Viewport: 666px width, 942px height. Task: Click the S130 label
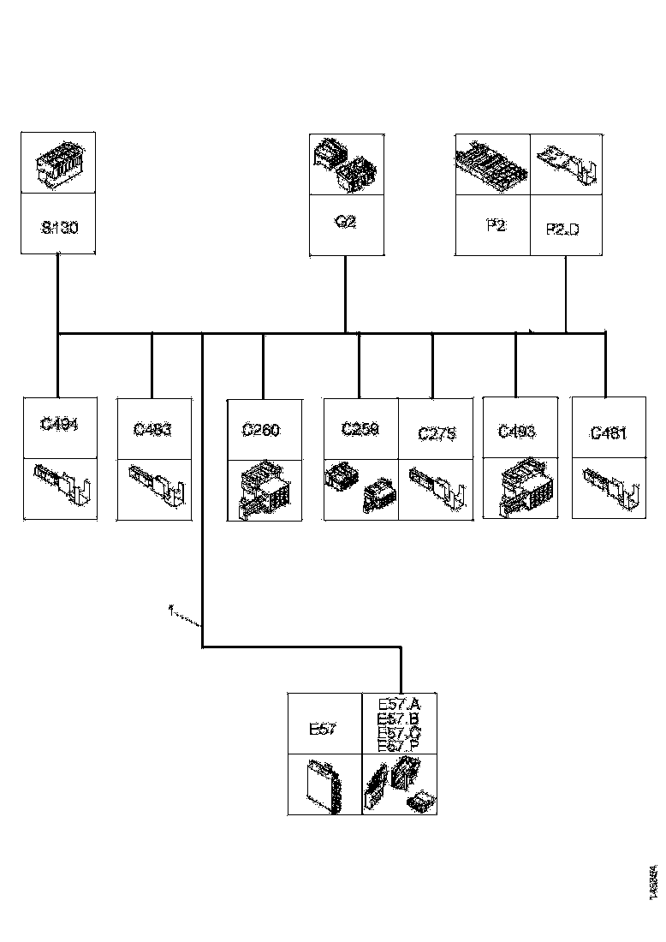tap(58, 229)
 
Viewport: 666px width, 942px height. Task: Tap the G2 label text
tap(346, 222)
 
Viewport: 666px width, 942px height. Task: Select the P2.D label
tap(562, 229)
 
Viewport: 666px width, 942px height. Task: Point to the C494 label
tap(59, 424)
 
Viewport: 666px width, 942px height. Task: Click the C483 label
tap(152, 430)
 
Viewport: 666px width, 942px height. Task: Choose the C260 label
tap(260, 431)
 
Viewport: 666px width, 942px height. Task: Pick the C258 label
tap(360, 429)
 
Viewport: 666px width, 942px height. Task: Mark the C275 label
tap(437, 434)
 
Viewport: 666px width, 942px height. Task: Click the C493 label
tap(516, 431)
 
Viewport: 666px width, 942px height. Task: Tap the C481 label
tap(609, 433)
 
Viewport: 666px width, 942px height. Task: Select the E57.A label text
tap(398, 705)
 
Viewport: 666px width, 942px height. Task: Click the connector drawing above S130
tap(58, 163)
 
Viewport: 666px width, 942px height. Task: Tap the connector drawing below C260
tap(263, 490)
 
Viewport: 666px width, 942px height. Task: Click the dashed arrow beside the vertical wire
tap(185, 617)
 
